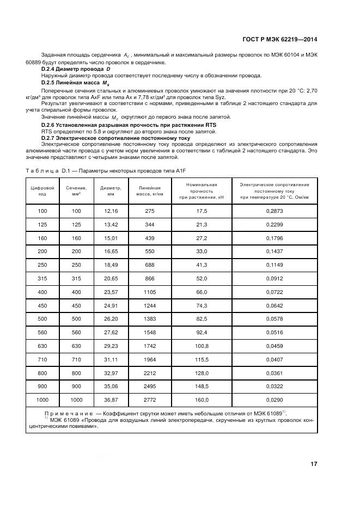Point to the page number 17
pyautogui.click(x=314, y=464)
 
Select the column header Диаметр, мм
pyautogui.click(x=111, y=191)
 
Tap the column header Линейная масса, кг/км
pyautogui.click(x=150, y=191)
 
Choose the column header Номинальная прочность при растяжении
pyautogui.click(x=201, y=191)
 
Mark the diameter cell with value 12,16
pyautogui.click(x=111, y=210)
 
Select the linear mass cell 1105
pyautogui.click(x=150, y=292)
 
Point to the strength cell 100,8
pyautogui.click(x=202, y=346)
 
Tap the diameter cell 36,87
pyautogui.click(x=111, y=399)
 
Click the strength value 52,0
pyautogui.click(x=202, y=279)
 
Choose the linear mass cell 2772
pyautogui.click(x=150, y=399)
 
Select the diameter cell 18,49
pyautogui.click(x=111, y=265)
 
